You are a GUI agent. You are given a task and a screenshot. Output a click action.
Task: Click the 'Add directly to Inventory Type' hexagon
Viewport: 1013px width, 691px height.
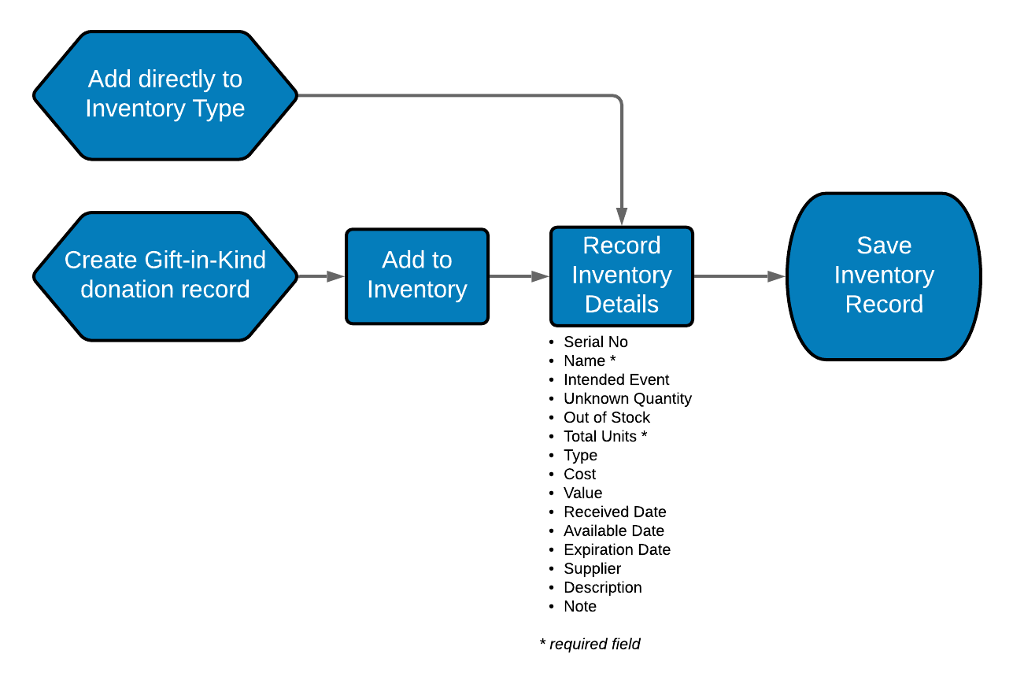(x=165, y=95)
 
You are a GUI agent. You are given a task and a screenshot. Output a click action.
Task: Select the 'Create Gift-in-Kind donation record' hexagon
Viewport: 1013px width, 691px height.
(x=165, y=275)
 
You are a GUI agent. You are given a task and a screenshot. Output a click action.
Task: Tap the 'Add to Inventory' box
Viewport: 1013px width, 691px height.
(x=417, y=275)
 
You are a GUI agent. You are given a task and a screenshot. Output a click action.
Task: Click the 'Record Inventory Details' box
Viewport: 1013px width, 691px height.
(x=621, y=275)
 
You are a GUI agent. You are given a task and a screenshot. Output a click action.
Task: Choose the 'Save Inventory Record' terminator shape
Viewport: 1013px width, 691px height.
(x=883, y=275)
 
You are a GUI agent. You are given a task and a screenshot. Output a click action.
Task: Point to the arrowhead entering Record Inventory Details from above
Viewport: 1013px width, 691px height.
(x=622, y=216)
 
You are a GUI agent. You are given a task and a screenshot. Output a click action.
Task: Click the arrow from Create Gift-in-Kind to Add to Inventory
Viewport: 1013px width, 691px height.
(x=322, y=276)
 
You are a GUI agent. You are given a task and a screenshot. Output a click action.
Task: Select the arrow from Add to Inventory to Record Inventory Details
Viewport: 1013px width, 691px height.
(x=519, y=276)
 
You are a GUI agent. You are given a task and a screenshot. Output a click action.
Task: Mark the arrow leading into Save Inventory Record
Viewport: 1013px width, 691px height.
(x=740, y=276)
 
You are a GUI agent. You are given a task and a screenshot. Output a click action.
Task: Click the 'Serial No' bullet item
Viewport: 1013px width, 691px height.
(x=595, y=342)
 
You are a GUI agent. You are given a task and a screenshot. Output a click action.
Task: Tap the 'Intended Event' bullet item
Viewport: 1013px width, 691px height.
(x=616, y=379)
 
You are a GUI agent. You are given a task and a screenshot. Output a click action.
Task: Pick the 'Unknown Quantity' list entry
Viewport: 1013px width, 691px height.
(x=627, y=398)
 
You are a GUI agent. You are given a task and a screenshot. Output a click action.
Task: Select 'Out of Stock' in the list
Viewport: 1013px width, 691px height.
(x=606, y=417)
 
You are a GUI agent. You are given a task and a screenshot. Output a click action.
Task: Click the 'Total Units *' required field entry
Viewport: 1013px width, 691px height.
(x=604, y=436)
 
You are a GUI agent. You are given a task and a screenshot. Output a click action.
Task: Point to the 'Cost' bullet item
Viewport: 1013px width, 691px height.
(x=579, y=474)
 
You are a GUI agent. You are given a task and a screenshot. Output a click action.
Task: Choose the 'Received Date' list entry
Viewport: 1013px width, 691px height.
(x=615, y=512)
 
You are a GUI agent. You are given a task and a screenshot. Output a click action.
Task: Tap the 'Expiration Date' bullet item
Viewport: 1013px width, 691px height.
(x=616, y=549)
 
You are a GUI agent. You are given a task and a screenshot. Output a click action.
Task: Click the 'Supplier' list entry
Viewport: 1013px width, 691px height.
(x=592, y=568)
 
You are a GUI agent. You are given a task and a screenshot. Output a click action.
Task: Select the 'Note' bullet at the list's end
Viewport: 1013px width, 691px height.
(x=579, y=606)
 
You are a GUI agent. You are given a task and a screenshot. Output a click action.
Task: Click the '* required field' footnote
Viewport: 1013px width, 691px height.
(x=590, y=644)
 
